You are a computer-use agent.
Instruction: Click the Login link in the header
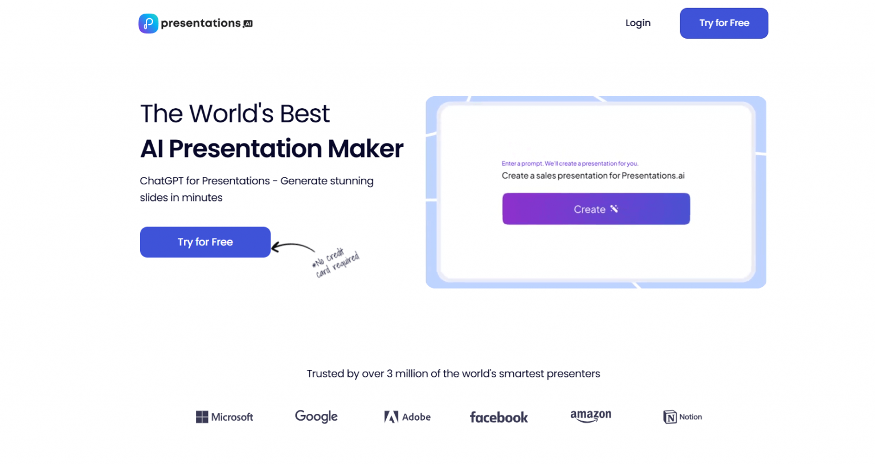coord(637,23)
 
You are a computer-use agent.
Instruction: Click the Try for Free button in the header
coord(723,23)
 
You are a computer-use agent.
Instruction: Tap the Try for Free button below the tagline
coord(205,242)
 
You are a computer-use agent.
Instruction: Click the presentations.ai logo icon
coord(148,23)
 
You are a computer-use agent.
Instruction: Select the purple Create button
coord(596,209)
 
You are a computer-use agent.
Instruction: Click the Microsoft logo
coord(224,417)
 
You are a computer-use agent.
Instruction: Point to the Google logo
coord(316,417)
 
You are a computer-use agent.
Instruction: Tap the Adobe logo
coord(407,417)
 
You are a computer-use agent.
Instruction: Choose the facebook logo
coord(498,418)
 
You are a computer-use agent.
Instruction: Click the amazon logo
coord(591,416)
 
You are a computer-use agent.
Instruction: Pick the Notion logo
coord(682,417)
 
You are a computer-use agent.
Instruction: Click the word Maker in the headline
coord(365,149)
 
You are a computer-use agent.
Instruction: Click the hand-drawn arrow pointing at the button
coord(293,247)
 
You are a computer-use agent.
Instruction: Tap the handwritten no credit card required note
coord(336,262)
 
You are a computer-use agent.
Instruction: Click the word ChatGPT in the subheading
coord(161,181)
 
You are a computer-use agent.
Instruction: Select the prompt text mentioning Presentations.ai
coord(593,176)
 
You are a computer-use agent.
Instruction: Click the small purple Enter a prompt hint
coord(570,163)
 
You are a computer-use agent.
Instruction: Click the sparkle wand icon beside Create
coord(614,209)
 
